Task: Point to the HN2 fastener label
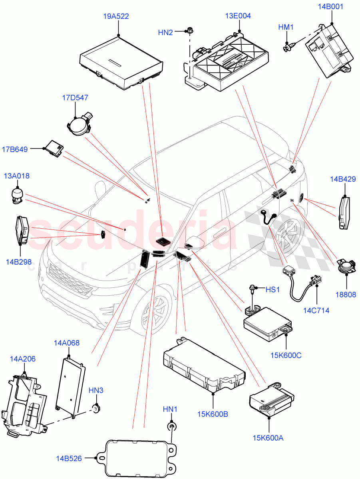(165, 33)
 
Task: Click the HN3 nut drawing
(96, 408)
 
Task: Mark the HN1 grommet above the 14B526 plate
(171, 427)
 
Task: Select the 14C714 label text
(316, 310)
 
